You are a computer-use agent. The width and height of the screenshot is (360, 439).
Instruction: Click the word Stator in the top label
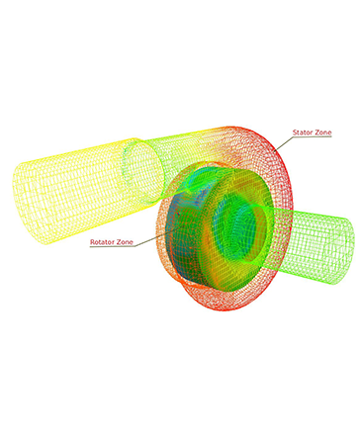tap(302, 132)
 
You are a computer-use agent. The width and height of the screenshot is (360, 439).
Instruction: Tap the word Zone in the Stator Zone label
tap(322, 132)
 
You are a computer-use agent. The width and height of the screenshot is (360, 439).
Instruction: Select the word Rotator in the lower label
tap(101, 242)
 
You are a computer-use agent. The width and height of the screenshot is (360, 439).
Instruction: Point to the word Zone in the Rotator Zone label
tap(124, 242)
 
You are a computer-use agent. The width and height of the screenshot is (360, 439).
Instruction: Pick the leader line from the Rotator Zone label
tap(158, 236)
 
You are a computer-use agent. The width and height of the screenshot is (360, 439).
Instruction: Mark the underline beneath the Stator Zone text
tap(312, 136)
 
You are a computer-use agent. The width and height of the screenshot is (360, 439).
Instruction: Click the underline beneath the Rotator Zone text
tap(113, 246)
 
